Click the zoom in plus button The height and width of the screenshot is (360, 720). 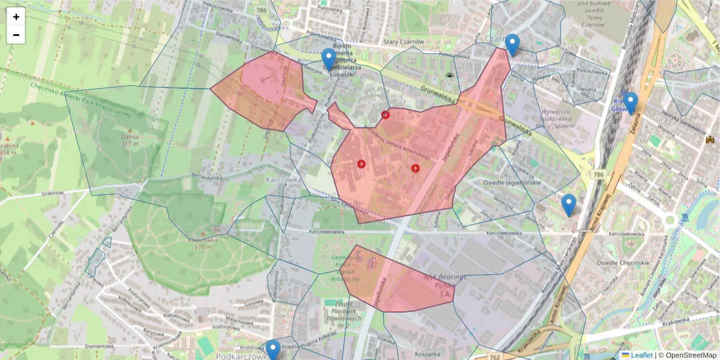click(x=16, y=17)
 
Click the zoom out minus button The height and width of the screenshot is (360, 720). click(x=16, y=35)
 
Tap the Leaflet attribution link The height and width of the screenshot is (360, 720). click(x=641, y=355)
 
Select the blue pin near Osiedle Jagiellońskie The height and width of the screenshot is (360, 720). click(x=569, y=205)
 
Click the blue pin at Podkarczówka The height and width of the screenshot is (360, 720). click(x=273, y=350)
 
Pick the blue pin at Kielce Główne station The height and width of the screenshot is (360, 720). click(x=630, y=102)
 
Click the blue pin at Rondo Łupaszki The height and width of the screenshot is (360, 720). click(x=328, y=59)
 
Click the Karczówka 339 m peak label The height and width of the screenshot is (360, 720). click(x=202, y=243)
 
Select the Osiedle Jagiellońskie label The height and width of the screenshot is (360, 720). click(x=512, y=182)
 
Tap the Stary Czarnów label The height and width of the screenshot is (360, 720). click(x=404, y=41)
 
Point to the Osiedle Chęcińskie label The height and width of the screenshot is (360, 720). click(x=623, y=263)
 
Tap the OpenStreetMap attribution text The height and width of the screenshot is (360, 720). click(x=691, y=355)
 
